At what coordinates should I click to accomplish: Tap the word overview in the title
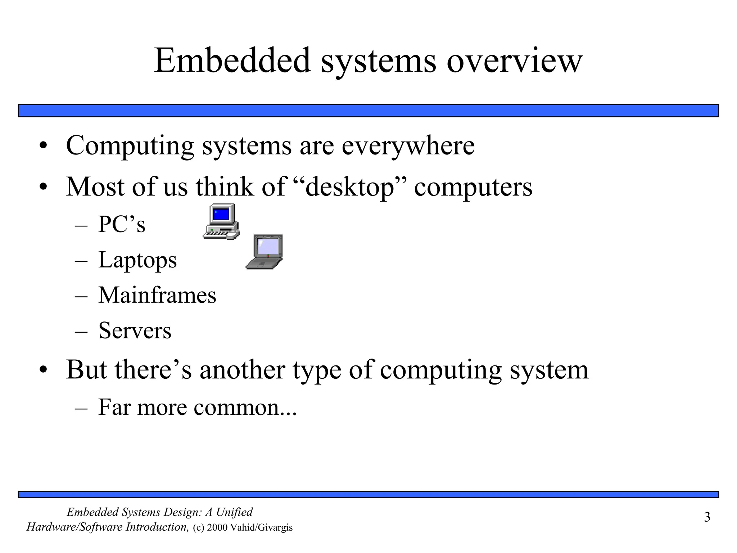click(x=514, y=61)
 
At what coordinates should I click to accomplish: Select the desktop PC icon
click(x=221, y=221)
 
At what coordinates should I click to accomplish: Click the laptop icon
click(x=264, y=252)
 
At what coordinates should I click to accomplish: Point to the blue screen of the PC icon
click(x=222, y=214)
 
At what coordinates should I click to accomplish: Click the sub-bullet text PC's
click(x=122, y=224)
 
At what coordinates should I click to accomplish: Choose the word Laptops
click(x=137, y=260)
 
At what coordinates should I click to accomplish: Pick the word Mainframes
click(x=157, y=295)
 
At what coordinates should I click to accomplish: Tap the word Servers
click(x=135, y=331)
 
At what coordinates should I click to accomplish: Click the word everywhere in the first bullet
click(x=408, y=146)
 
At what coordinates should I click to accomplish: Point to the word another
click(x=242, y=370)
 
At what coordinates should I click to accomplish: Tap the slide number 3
click(x=707, y=517)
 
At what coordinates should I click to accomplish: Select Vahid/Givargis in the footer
click(x=261, y=528)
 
